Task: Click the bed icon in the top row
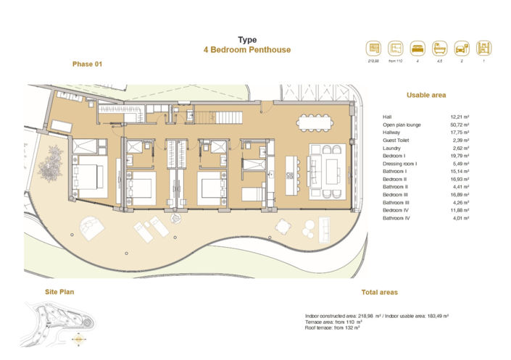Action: (x=417, y=49)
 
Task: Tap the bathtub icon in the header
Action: (x=439, y=49)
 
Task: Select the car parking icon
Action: (x=461, y=49)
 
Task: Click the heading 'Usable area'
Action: (x=426, y=95)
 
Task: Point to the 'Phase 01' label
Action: (x=88, y=64)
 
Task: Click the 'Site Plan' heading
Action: (x=59, y=292)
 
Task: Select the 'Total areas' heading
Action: (x=379, y=293)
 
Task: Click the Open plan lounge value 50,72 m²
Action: (x=460, y=125)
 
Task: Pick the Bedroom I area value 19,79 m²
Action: (x=460, y=156)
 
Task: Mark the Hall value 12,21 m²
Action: (x=460, y=117)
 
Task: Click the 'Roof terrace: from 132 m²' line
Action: (x=333, y=328)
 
